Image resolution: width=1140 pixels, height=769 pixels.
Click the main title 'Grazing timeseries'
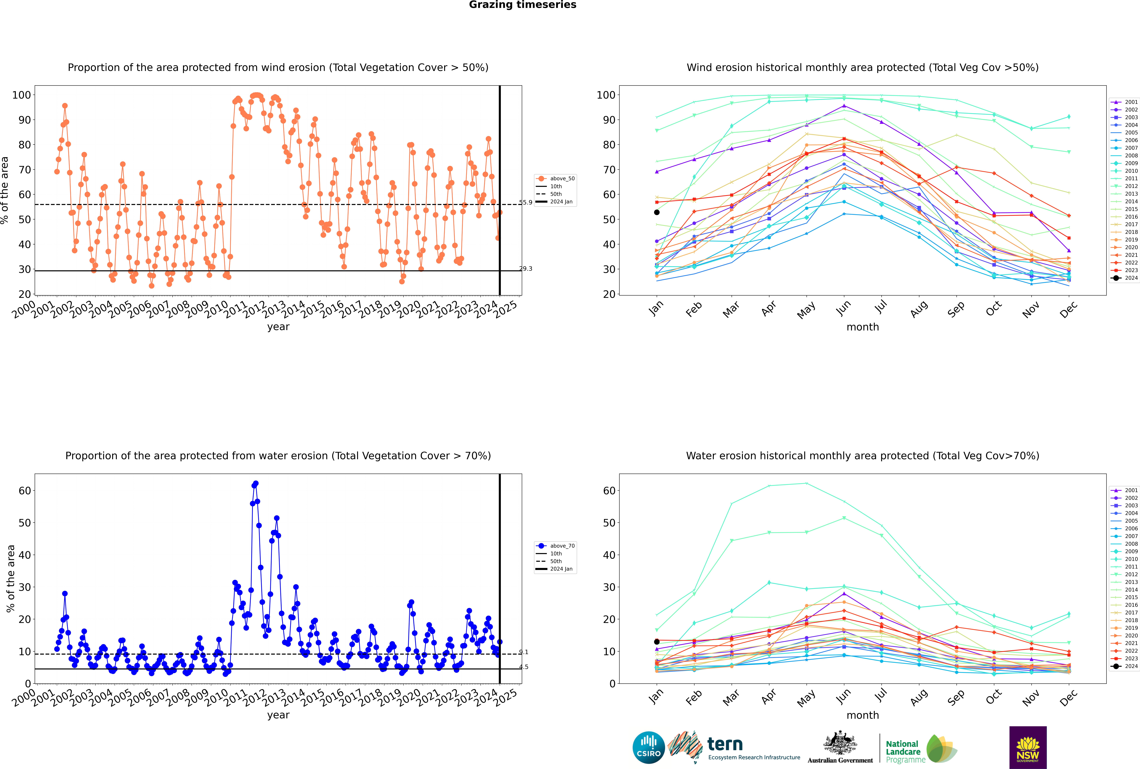(523, 5)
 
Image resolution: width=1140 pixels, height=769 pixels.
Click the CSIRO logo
(648, 747)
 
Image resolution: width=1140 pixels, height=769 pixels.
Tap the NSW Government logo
(1028, 747)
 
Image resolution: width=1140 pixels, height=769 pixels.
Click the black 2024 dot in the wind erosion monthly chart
(657, 212)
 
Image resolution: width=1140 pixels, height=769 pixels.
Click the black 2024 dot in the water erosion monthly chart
(657, 641)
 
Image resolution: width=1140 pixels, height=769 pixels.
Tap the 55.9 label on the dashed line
(525, 203)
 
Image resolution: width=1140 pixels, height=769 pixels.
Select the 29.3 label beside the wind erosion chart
(525, 269)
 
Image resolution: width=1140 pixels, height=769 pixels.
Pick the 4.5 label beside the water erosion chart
(524, 667)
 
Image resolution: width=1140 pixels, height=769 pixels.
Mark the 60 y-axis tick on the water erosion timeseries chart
(24, 491)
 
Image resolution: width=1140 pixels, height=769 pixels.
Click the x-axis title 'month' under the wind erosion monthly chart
(863, 327)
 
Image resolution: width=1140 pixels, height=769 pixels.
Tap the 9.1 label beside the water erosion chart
(524, 652)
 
